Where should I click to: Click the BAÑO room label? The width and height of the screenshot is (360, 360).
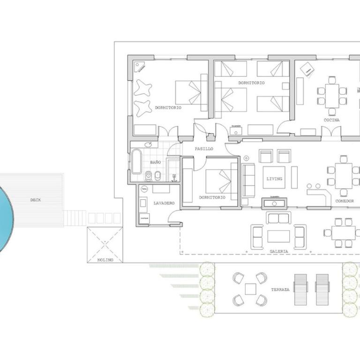155,162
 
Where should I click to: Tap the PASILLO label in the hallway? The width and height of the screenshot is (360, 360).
204,149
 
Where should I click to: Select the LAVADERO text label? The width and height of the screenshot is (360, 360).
164,203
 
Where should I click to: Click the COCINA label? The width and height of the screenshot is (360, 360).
331,120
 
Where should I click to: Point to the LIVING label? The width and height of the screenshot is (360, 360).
274,179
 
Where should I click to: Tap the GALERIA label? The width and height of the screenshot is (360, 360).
278,251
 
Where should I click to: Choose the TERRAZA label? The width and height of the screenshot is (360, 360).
280,290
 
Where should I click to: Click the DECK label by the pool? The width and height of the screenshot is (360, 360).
36,200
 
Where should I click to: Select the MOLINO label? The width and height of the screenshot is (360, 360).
105,260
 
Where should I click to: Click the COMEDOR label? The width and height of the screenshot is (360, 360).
345,201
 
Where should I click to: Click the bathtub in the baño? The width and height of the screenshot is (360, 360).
136,161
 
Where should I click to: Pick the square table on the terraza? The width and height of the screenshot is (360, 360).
250,289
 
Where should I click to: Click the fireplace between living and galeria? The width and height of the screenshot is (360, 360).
275,203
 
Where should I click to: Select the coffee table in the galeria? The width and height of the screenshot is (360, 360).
278,236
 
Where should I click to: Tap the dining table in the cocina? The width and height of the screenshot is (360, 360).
332,96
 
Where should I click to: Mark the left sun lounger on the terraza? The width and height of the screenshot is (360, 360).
300,289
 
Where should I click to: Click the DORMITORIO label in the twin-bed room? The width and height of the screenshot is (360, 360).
251,83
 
